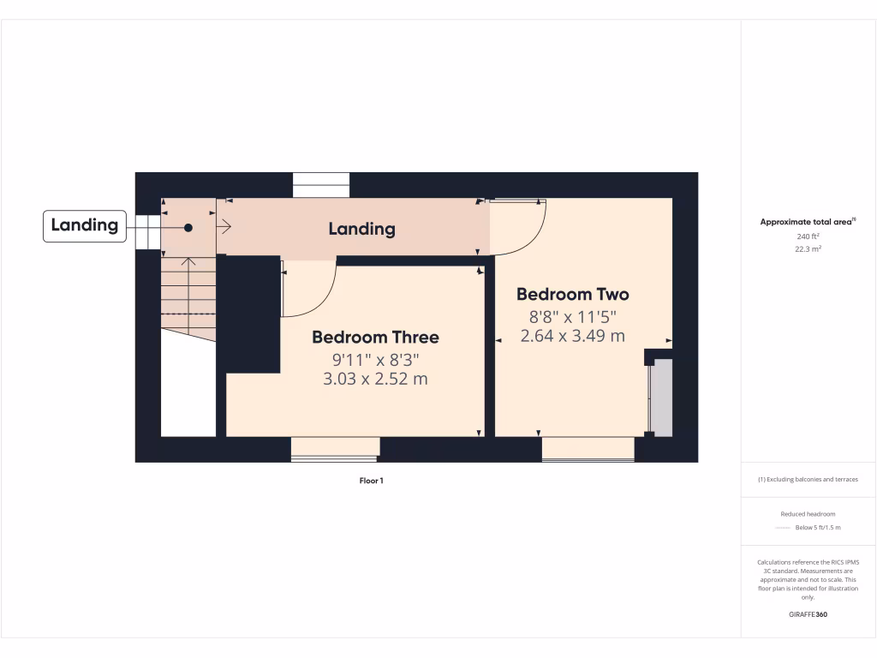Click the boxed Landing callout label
84,226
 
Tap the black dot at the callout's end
188,228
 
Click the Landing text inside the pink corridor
362,229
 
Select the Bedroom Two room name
572,295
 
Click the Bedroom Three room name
375,338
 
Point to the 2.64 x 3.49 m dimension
572,336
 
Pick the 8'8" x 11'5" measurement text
572,315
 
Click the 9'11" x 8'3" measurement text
375,359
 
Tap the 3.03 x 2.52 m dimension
375,379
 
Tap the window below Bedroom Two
588,449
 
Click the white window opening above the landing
321,185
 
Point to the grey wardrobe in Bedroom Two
661,398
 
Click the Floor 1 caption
371,481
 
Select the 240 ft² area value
808,236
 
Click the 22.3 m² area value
808,248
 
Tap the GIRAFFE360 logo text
808,614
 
